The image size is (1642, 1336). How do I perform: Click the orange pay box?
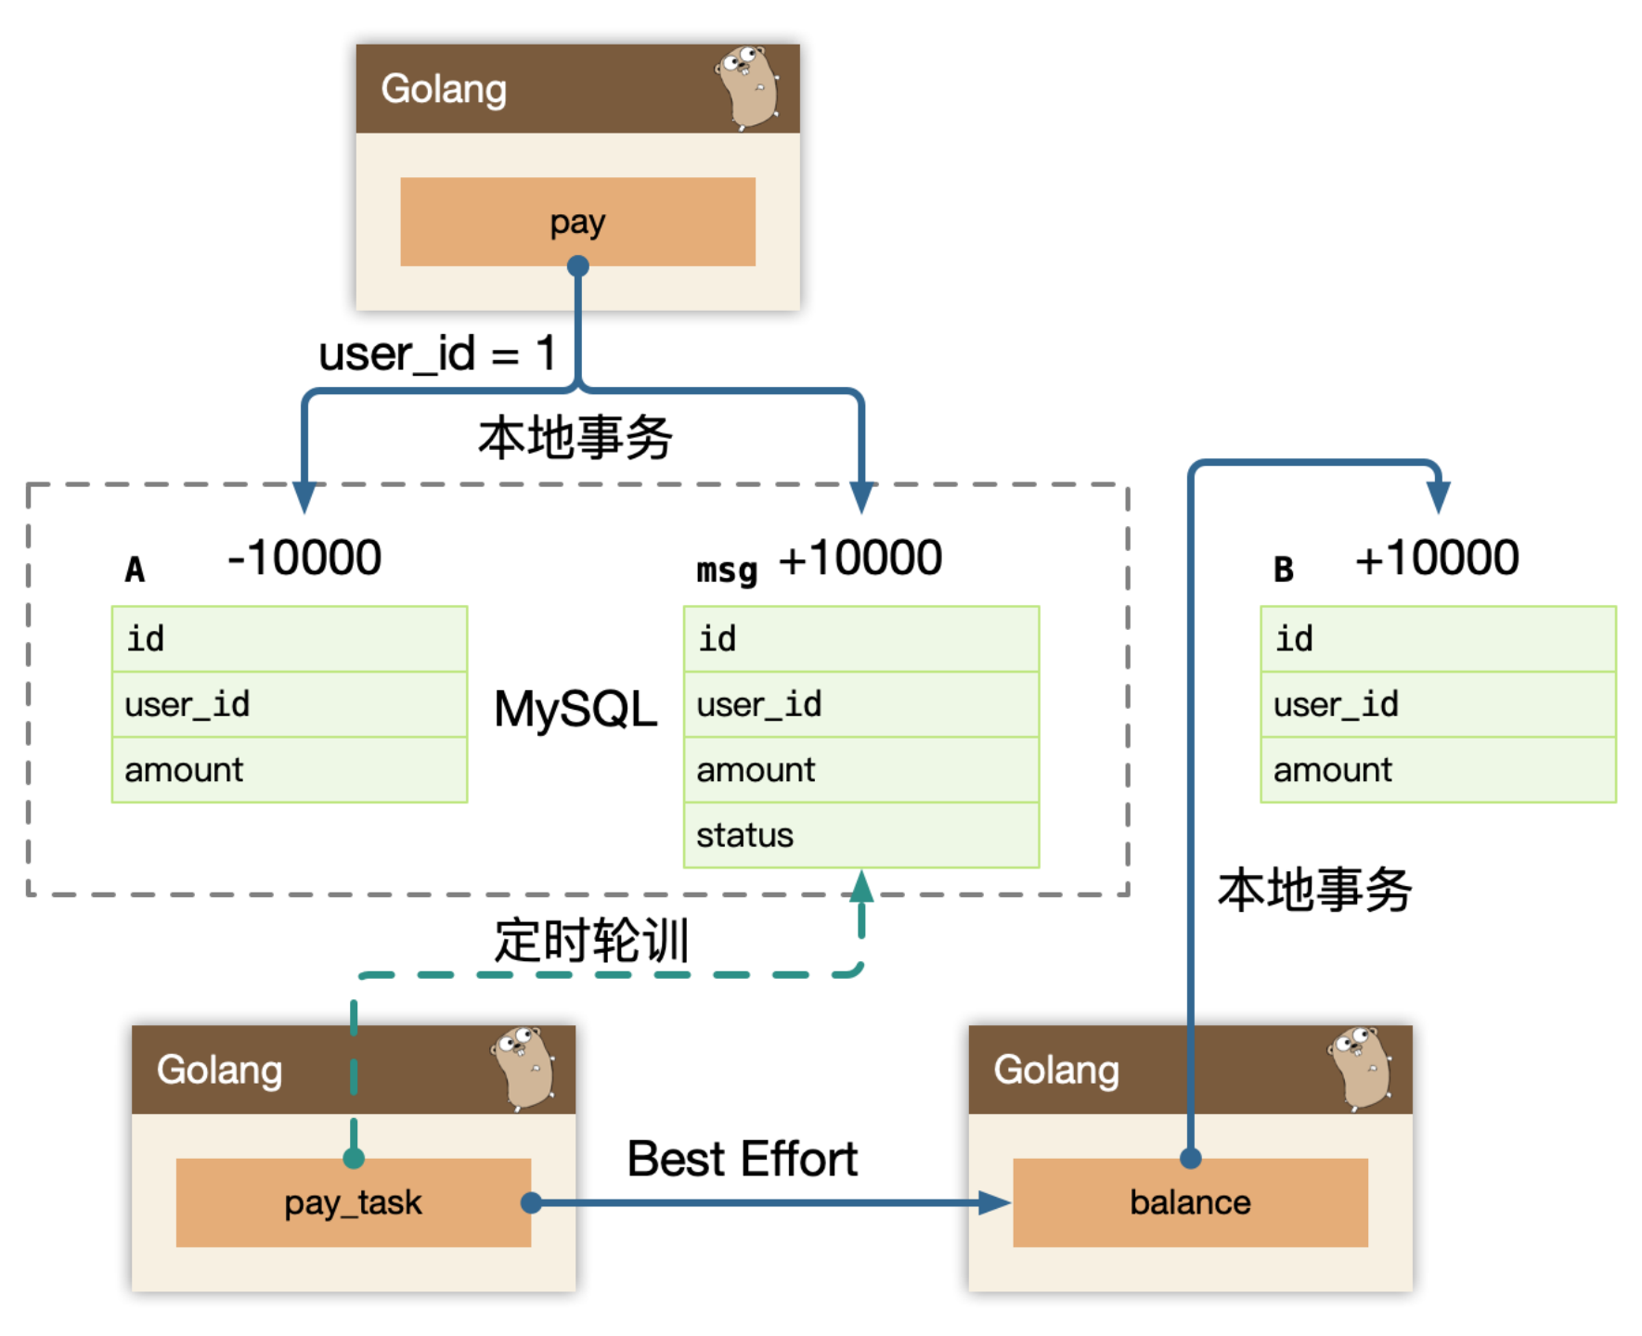[577, 222]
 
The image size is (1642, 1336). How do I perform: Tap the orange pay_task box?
[354, 1202]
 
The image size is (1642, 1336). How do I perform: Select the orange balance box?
[1190, 1202]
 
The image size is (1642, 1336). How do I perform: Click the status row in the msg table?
[861, 835]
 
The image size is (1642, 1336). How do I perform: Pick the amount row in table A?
[290, 770]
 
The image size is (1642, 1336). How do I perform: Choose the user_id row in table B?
[1438, 704]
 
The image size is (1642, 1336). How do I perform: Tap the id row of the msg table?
[861, 639]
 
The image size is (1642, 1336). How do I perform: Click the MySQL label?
[575, 709]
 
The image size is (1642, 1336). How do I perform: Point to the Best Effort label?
[743, 1159]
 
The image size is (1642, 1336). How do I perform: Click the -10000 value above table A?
[304, 558]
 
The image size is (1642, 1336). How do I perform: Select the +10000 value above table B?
[1437, 558]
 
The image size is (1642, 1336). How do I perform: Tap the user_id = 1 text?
[437, 354]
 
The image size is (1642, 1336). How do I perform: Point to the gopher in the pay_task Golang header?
[523, 1068]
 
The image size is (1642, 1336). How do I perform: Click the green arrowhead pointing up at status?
[861, 886]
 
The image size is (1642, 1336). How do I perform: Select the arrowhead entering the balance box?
[995, 1203]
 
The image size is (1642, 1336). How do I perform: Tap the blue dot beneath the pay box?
[577, 266]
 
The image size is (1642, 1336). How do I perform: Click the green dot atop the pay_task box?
[354, 1158]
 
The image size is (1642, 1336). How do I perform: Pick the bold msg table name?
[727, 570]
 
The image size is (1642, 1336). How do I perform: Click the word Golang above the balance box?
[1056, 1070]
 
